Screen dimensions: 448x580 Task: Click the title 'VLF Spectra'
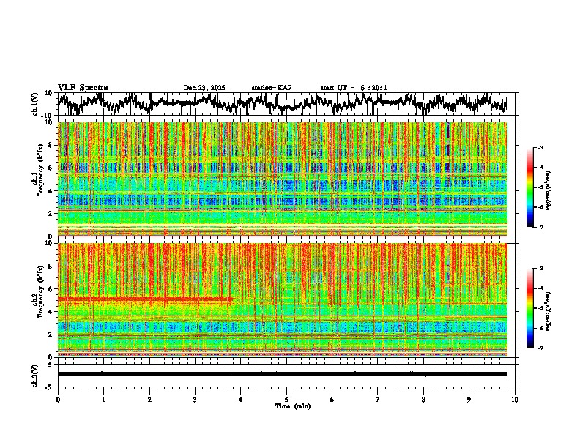(x=83, y=87)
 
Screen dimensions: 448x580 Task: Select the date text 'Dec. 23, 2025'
(x=204, y=88)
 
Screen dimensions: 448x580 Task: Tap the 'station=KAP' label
(x=272, y=88)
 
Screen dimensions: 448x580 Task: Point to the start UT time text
(x=354, y=88)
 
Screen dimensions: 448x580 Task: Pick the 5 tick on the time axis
(x=286, y=399)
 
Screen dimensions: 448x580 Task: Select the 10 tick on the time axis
(x=515, y=399)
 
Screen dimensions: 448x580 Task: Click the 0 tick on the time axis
(x=58, y=399)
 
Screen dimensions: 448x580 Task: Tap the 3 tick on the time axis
(x=195, y=399)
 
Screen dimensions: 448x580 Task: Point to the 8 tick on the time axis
(x=423, y=399)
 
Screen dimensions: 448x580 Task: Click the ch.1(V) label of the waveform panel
(x=36, y=104)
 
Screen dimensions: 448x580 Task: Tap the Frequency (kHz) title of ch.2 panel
(x=40, y=299)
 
